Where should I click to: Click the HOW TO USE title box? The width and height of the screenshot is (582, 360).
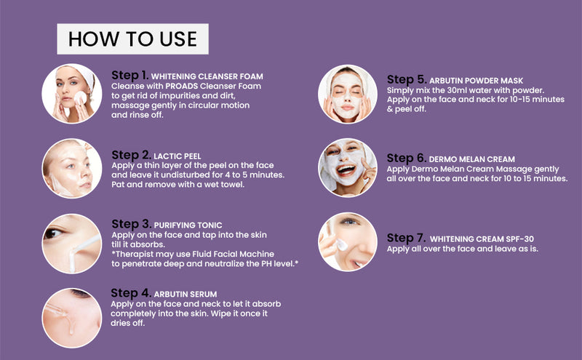132,39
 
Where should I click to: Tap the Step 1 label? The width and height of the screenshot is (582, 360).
130,75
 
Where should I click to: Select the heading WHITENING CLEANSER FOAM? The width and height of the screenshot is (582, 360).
208,76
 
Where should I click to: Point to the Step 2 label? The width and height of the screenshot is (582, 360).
131,155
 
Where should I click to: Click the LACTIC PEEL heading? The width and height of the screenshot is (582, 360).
178,156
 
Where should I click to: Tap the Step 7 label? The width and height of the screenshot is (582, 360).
406,238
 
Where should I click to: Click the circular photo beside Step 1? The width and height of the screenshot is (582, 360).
71,94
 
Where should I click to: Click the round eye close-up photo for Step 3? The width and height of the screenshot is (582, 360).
71,243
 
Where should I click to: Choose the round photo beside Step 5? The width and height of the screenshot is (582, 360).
348,94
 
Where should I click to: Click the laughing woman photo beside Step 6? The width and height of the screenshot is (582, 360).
348,168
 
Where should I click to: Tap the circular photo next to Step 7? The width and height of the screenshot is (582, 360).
348,242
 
